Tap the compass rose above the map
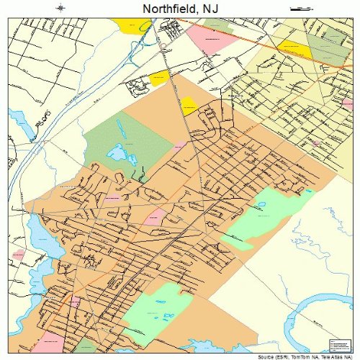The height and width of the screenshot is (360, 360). pos(60,8)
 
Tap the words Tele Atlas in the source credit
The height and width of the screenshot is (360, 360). pos(331,356)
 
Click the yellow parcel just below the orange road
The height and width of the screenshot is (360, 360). pos(295,49)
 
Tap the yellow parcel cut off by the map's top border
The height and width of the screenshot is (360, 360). pos(134,23)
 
